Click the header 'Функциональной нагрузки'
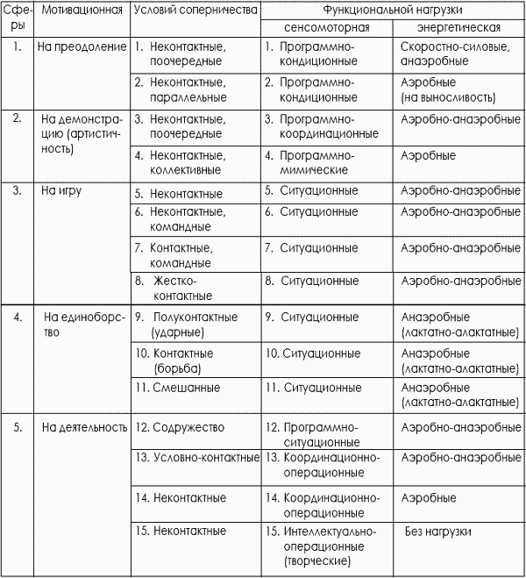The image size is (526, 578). [393, 11]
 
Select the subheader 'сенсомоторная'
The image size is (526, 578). [326, 27]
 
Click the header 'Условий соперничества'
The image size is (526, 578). [195, 11]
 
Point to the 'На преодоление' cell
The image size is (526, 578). [82, 45]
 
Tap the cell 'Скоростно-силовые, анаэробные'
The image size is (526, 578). [445, 54]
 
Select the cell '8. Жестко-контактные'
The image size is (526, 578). [174, 289]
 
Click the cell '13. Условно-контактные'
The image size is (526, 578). [196, 457]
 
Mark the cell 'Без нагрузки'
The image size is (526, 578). [438, 531]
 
